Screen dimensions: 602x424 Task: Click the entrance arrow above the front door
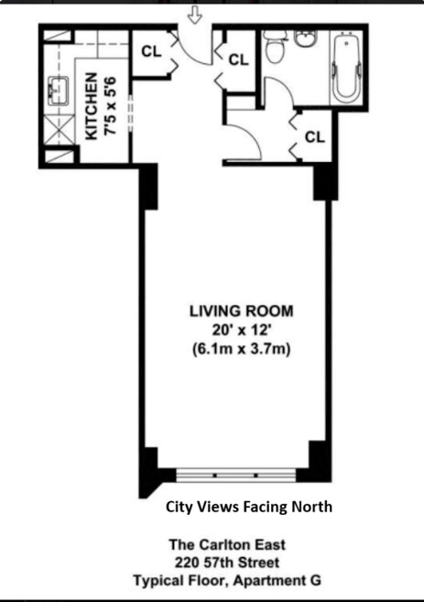click(x=195, y=15)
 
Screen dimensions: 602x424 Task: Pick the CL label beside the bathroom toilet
click(x=238, y=60)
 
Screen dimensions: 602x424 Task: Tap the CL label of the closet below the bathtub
click(x=314, y=137)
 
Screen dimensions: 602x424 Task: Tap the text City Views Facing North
click(x=248, y=507)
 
